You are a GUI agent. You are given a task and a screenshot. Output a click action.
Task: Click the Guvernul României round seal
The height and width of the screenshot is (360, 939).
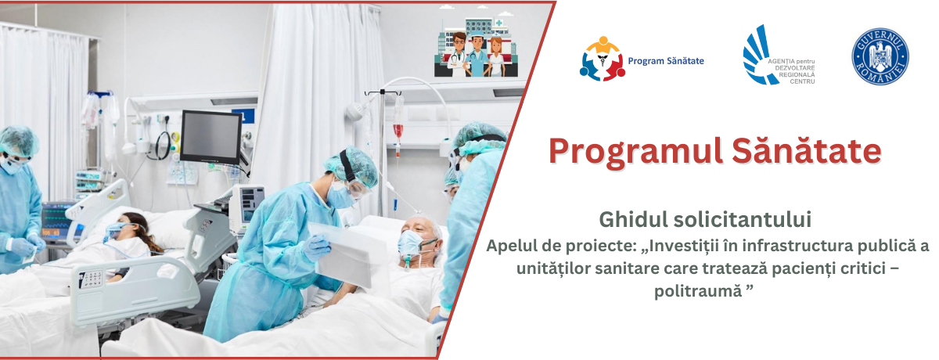(880, 56)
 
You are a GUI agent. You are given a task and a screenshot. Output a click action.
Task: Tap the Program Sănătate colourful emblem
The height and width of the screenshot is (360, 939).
(603, 59)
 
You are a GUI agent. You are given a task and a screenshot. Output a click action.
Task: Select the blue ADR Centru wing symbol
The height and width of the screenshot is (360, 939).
(758, 55)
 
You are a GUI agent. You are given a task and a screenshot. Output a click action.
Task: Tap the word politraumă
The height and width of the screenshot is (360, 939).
(698, 290)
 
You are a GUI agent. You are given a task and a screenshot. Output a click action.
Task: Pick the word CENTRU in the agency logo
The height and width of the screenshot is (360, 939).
(802, 81)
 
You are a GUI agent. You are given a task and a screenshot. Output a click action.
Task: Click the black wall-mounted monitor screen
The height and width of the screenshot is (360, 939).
(210, 138)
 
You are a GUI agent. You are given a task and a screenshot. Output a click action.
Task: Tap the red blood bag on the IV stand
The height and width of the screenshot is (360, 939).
(398, 131)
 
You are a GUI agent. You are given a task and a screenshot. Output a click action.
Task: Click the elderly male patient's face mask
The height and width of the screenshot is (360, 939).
(410, 245)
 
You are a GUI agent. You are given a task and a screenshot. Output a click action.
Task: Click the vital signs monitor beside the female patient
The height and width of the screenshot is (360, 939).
(56, 221)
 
